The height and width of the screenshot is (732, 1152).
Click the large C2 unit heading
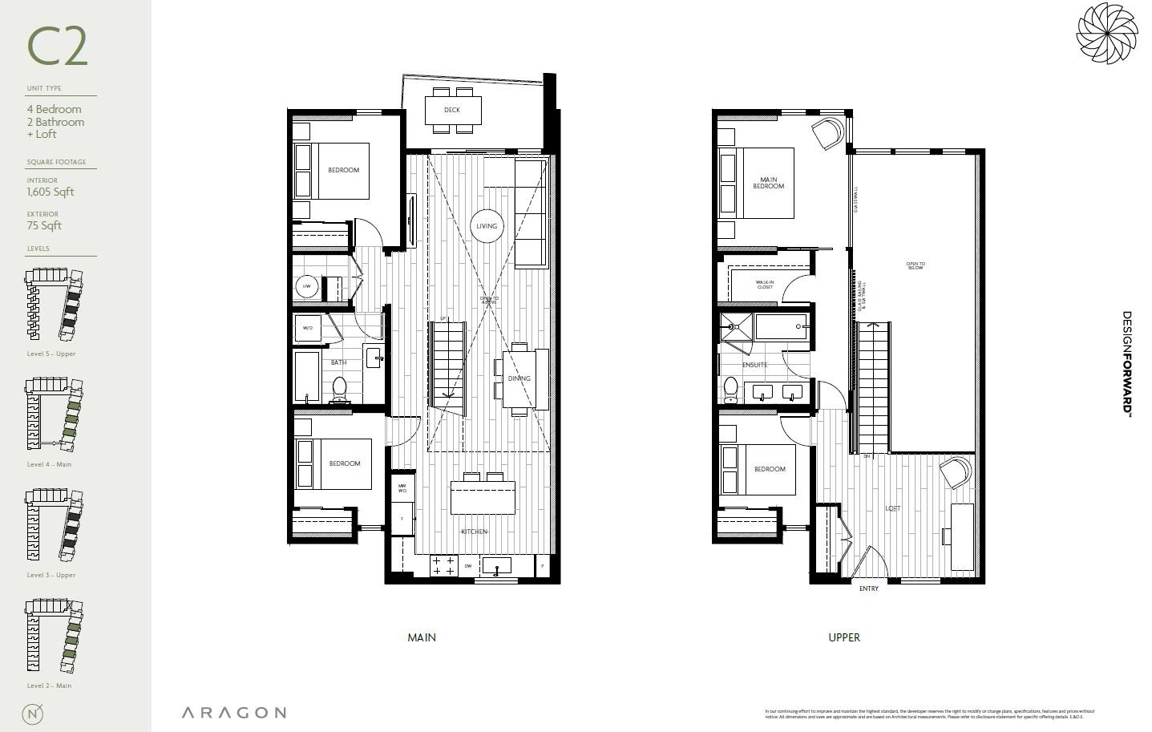coord(57,47)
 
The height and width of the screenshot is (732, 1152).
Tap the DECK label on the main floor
coord(452,110)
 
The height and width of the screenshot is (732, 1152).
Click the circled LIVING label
coord(487,226)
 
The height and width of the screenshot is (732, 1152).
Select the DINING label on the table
coord(519,378)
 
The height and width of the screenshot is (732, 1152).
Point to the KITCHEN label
coord(474,532)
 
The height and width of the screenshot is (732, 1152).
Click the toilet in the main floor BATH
coord(339,389)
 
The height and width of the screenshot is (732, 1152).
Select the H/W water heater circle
coord(306,286)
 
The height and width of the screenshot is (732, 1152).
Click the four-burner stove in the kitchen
coord(444,566)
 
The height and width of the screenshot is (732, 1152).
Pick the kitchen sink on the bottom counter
coord(497,566)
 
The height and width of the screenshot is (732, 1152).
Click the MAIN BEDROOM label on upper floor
coord(768,184)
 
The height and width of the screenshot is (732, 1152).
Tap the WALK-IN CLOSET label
coord(765,285)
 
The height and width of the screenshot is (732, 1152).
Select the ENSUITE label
coord(754,365)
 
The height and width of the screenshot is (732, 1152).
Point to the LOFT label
coord(892,508)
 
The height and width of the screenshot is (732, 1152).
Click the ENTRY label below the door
coord(869,588)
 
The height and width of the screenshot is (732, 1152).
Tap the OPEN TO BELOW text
coord(916,266)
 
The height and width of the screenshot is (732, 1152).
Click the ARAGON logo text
coord(233,712)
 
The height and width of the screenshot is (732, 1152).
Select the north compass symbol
coord(34,713)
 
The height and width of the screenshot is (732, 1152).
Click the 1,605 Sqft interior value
coord(51,192)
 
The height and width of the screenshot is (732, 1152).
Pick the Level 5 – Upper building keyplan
coord(55,306)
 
